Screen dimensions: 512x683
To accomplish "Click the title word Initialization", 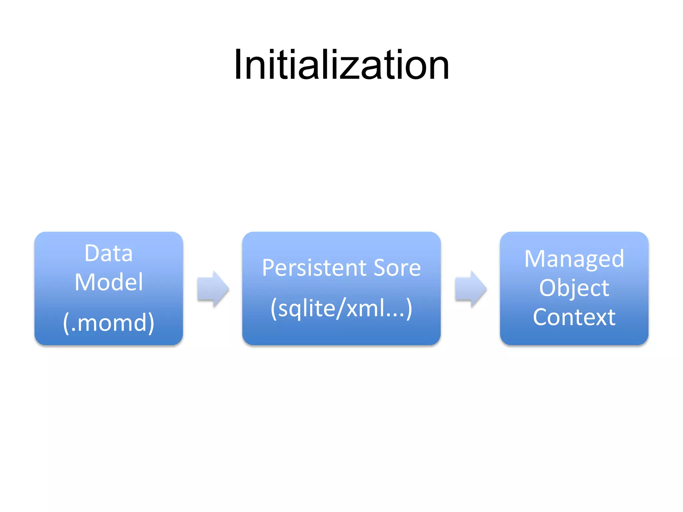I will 341,65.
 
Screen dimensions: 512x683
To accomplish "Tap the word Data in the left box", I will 109,253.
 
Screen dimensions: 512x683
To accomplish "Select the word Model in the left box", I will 109,282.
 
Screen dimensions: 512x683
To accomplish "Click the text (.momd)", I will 109,323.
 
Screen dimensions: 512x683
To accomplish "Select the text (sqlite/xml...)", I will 341,308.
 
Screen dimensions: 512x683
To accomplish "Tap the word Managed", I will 574,259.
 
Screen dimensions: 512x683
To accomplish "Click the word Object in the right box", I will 574,288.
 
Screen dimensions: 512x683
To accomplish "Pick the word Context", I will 574,317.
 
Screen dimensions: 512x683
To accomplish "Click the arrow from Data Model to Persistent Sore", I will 213,289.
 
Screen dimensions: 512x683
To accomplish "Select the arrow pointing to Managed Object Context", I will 471,289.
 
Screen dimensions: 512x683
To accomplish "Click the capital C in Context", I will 540,317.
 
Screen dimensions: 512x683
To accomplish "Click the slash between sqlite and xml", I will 340,308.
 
